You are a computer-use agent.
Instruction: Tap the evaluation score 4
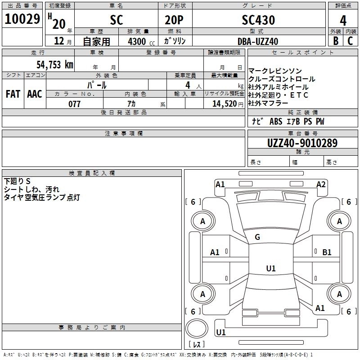343,20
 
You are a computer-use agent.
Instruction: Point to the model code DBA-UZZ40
258,41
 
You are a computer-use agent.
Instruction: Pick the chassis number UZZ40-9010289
302,143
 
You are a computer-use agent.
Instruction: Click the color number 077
74,104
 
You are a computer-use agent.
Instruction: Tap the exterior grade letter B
335,41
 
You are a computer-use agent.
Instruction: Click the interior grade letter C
350,41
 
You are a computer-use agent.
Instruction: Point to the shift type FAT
13,94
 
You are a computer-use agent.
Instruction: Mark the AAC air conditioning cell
34,94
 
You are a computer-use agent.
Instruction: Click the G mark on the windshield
257,237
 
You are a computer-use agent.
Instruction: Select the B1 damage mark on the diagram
327,252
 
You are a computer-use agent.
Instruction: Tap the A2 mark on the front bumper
321,184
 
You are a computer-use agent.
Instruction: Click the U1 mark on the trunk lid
270,269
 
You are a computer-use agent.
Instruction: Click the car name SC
117,20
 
